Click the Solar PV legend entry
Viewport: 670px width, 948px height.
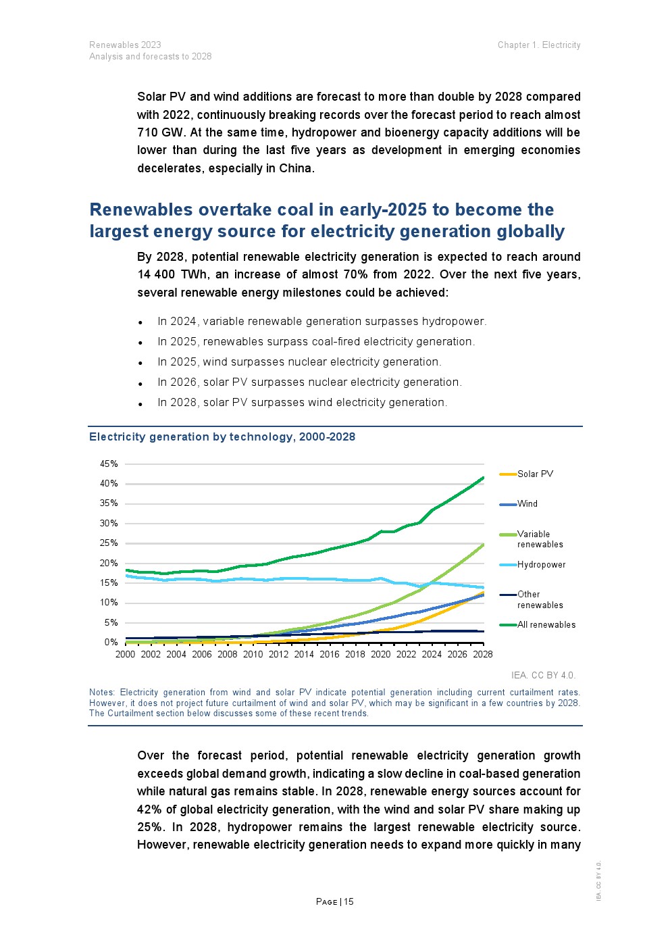pyautogui.click(x=535, y=474)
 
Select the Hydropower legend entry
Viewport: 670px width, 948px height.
pyautogui.click(x=541, y=565)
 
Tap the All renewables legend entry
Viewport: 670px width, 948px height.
pyautogui.click(x=546, y=625)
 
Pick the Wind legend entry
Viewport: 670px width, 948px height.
pyautogui.click(x=527, y=504)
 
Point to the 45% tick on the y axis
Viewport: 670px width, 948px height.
pyautogui.click(x=109, y=464)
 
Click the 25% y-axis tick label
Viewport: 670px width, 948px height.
pyautogui.click(x=109, y=543)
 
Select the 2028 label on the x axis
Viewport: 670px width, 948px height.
pyautogui.click(x=483, y=654)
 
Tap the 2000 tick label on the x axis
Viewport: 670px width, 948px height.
pyautogui.click(x=126, y=654)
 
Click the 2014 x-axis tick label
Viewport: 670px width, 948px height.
pyautogui.click(x=304, y=654)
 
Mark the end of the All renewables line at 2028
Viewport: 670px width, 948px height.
pyautogui.click(x=484, y=478)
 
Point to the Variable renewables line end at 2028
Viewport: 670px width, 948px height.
pyautogui.click(x=484, y=544)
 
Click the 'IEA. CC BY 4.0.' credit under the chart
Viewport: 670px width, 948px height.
pyautogui.click(x=543, y=675)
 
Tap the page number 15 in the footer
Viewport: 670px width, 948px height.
pyautogui.click(x=349, y=902)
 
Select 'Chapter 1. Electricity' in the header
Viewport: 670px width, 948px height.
pyautogui.click(x=539, y=45)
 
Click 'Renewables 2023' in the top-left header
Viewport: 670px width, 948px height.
pyautogui.click(x=125, y=45)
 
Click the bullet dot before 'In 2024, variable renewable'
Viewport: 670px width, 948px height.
pyautogui.click(x=140, y=323)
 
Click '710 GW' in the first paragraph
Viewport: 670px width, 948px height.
pyautogui.click(x=160, y=132)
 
